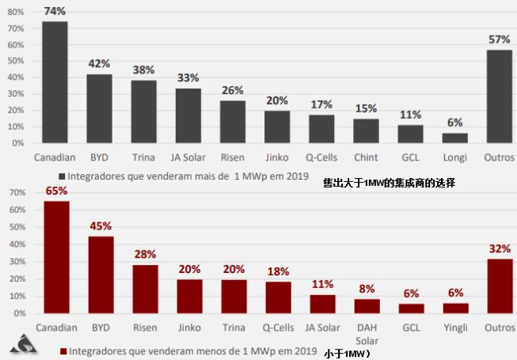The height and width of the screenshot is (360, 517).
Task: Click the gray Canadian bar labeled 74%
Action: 55,82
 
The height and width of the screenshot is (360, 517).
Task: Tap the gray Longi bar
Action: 454,138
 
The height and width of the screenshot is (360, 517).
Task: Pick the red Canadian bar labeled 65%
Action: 56,257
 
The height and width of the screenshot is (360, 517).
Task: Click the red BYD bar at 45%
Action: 101,275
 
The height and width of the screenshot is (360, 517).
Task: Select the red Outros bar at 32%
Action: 500,286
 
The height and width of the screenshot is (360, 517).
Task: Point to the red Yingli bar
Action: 455,308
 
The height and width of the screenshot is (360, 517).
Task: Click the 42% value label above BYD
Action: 99,63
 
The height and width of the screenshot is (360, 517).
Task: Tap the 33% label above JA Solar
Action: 188,78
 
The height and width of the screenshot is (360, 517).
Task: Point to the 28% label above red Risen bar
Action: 145,254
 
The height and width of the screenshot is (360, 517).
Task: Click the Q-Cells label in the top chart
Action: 321,157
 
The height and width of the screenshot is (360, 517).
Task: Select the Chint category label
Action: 366,157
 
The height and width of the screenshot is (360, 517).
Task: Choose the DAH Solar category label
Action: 367,332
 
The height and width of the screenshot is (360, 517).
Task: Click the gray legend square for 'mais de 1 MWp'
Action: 61,176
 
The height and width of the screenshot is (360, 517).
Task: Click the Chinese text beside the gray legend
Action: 389,183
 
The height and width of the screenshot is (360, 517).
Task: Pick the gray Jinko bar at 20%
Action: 277,127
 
